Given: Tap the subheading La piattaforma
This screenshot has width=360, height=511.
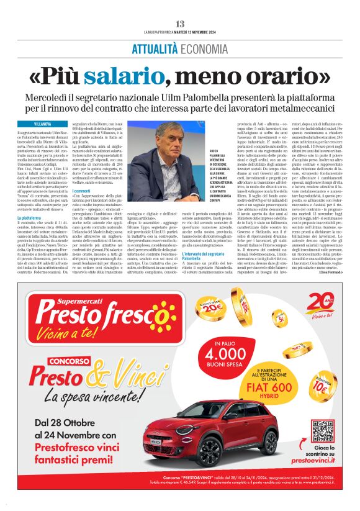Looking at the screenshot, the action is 32,218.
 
